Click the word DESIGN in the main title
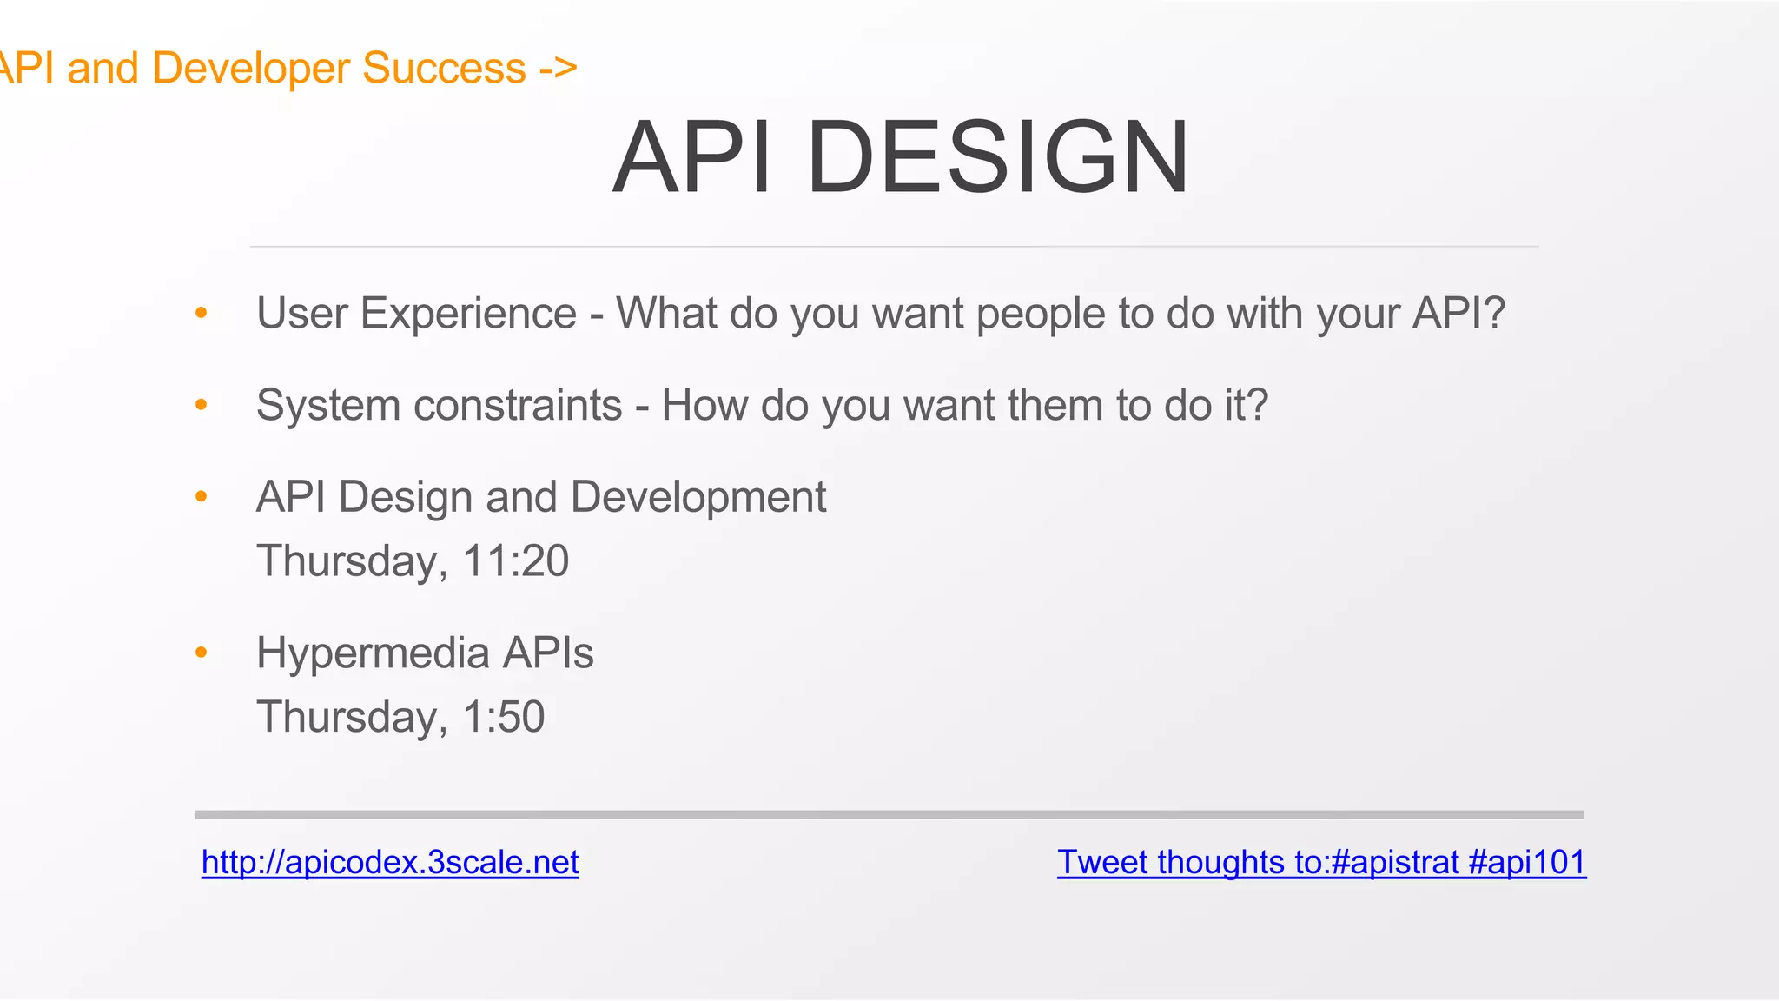(x=998, y=157)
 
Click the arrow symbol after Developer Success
(x=558, y=68)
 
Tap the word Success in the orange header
(x=444, y=68)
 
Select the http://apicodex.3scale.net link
(x=390, y=862)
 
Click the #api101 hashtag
(x=1527, y=862)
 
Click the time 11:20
(x=516, y=560)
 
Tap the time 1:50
(x=504, y=717)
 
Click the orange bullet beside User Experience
(x=202, y=313)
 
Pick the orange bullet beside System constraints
(x=202, y=405)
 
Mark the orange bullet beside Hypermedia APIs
(x=202, y=653)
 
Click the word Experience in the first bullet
(x=468, y=314)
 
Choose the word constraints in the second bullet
(x=519, y=405)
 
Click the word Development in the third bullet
(x=698, y=497)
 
